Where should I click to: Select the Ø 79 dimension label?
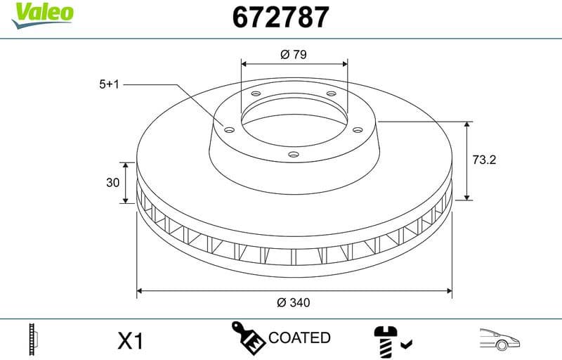pos(294,53)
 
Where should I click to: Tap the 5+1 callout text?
pos(110,84)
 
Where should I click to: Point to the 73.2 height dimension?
pos(484,160)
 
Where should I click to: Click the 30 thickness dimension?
pos(112,183)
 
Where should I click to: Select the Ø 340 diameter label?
pos(294,302)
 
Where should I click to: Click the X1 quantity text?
pos(129,341)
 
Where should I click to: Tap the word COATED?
pos(299,338)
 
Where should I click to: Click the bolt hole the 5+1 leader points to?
pos(229,129)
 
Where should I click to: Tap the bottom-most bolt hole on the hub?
pos(294,156)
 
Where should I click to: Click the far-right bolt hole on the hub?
pos(358,129)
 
